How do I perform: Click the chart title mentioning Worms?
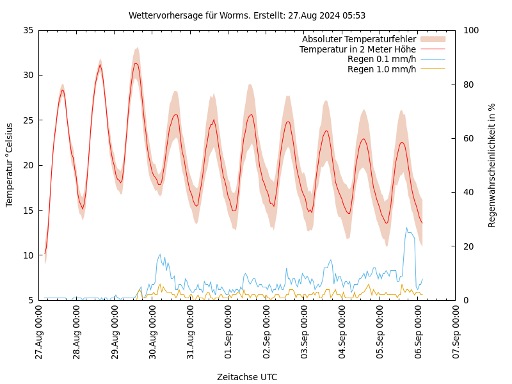247,15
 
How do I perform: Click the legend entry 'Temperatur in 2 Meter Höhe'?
357,49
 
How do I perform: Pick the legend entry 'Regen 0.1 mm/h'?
381,59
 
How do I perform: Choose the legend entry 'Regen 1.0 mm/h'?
381,69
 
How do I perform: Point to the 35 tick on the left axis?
28,30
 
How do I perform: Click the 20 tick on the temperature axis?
28,165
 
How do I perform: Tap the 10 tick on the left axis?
28,255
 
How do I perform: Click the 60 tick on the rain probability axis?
468,138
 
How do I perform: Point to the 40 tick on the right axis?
468,192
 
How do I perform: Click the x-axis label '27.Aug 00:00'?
39,333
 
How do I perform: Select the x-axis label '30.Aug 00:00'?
153,333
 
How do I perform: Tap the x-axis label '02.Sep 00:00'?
267,333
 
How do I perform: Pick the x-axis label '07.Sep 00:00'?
456,333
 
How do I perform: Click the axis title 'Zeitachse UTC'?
247,377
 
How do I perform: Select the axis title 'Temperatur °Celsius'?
10,164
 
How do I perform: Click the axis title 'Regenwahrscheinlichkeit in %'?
492,165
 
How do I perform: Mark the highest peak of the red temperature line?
136,63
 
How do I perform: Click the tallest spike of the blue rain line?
406,228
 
